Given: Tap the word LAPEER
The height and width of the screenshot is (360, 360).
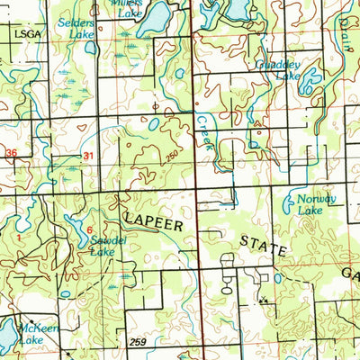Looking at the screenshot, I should click(157, 220).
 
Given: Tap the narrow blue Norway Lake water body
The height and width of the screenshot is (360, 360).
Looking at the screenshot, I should click(288, 205).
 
